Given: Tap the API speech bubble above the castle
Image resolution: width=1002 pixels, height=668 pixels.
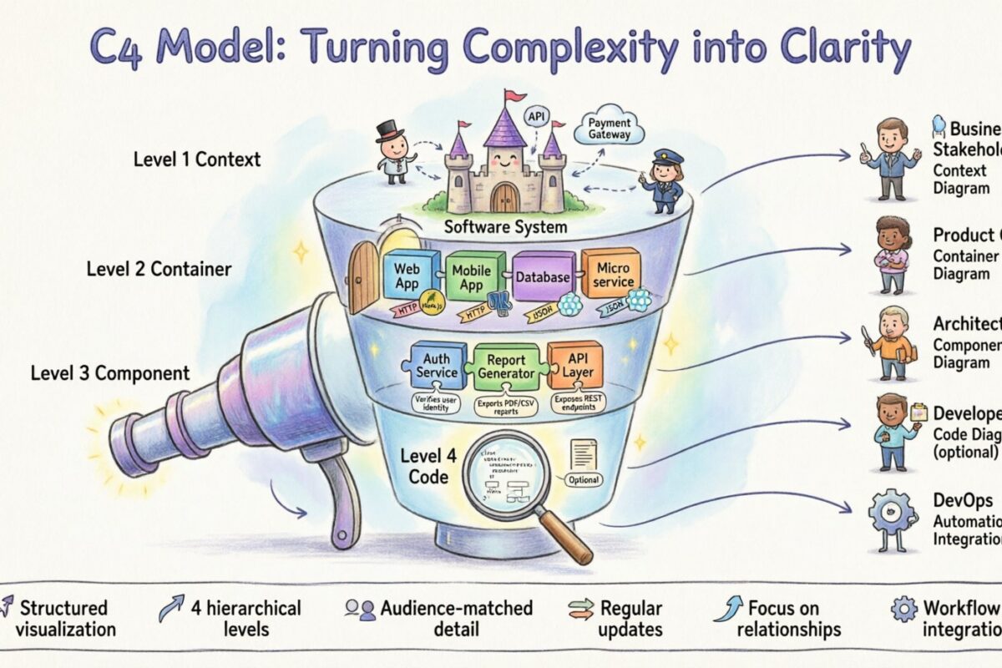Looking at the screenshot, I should [535, 117].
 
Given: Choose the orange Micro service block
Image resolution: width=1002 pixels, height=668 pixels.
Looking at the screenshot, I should [611, 276].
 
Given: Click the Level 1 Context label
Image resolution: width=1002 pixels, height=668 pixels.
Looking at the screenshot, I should [197, 158].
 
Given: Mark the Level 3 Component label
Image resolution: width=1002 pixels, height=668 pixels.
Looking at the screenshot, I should [110, 373].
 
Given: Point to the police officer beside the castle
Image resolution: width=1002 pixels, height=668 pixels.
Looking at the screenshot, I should [660, 180].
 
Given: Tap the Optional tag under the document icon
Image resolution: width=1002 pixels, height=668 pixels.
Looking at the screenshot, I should [584, 480].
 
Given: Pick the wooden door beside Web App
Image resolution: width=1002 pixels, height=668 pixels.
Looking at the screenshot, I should [365, 276].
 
